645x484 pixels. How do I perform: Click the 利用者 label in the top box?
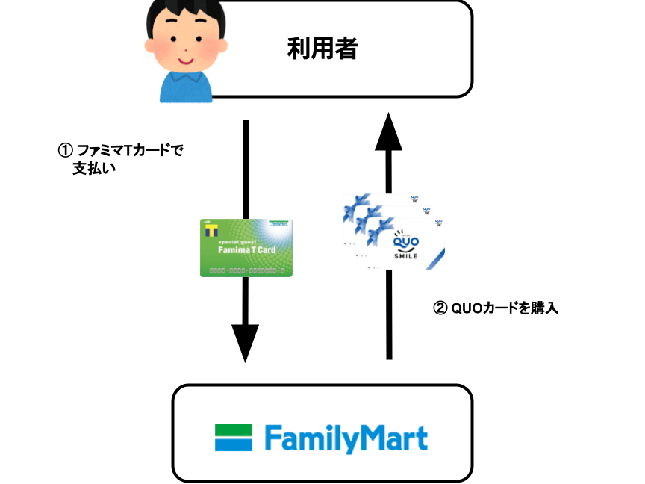click(322, 50)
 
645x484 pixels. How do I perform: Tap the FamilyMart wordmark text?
click(346, 438)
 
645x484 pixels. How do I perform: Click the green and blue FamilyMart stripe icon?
click(233, 438)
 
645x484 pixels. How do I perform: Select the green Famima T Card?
click(246, 247)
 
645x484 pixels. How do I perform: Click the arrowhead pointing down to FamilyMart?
click(246, 343)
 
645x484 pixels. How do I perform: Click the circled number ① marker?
click(64, 150)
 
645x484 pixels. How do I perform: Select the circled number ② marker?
click(440, 307)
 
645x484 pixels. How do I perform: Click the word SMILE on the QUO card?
click(406, 258)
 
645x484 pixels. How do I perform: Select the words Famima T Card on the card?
click(246, 251)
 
